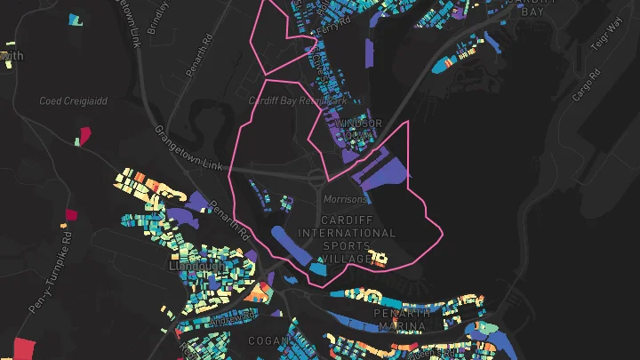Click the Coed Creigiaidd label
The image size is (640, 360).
tap(73, 101)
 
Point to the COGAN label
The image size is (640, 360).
tap(271, 341)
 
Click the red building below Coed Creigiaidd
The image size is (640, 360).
tap(86, 135)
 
